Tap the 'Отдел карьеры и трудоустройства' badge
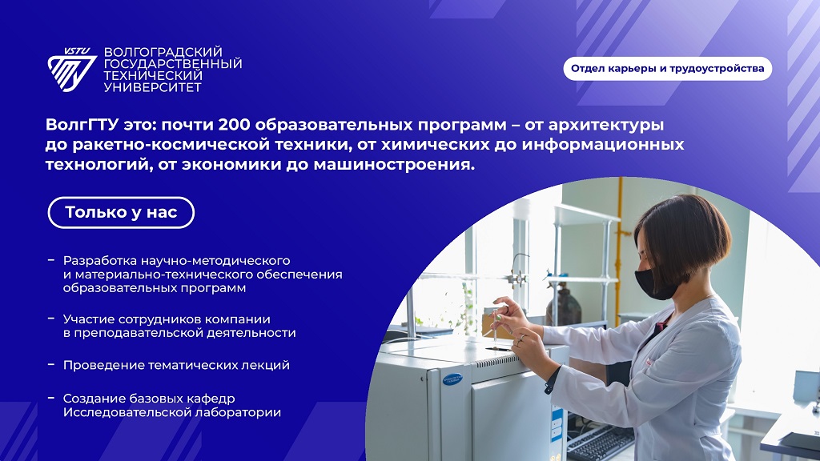(x=667, y=69)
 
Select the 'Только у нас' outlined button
(x=122, y=212)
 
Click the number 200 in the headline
(x=235, y=125)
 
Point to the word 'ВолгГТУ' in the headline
(x=82, y=125)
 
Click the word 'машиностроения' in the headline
(x=394, y=165)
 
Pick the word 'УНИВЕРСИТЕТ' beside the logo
(x=153, y=87)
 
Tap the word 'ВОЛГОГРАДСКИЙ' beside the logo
(x=163, y=52)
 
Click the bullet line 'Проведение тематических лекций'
(x=176, y=365)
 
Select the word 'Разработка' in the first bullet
(x=100, y=260)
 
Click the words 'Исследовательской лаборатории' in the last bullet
(x=172, y=412)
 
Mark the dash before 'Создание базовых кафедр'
(x=51, y=399)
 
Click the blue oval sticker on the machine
(x=452, y=379)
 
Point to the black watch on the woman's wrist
(x=551, y=381)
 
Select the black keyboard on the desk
(x=601, y=443)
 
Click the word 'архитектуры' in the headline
(x=606, y=126)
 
